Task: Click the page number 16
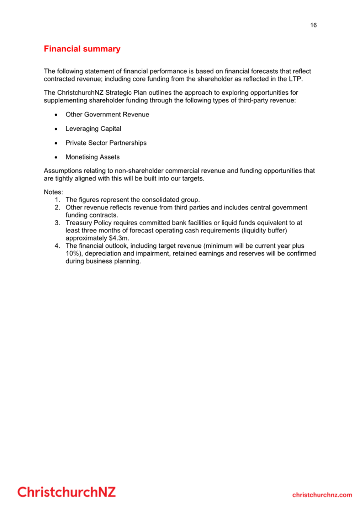pyautogui.click(x=313, y=25)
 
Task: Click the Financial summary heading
pyautogui.click(x=82, y=49)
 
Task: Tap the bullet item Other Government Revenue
pyautogui.click(x=107, y=115)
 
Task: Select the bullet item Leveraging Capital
pyautogui.click(x=93, y=129)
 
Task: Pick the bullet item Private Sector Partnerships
pyautogui.click(x=106, y=143)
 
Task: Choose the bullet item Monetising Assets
pyautogui.click(x=92, y=157)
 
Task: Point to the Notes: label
pyautogui.click(x=53, y=192)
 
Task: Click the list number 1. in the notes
pyautogui.click(x=57, y=200)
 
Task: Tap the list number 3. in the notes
pyautogui.click(x=57, y=223)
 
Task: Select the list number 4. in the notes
pyautogui.click(x=57, y=246)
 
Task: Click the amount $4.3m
pyautogui.click(x=119, y=238)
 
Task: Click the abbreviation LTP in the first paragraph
pyautogui.click(x=295, y=79)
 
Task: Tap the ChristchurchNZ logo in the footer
pyautogui.click(x=67, y=492)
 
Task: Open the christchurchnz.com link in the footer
pyautogui.click(x=322, y=495)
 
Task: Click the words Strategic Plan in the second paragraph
pyautogui.click(x=126, y=93)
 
